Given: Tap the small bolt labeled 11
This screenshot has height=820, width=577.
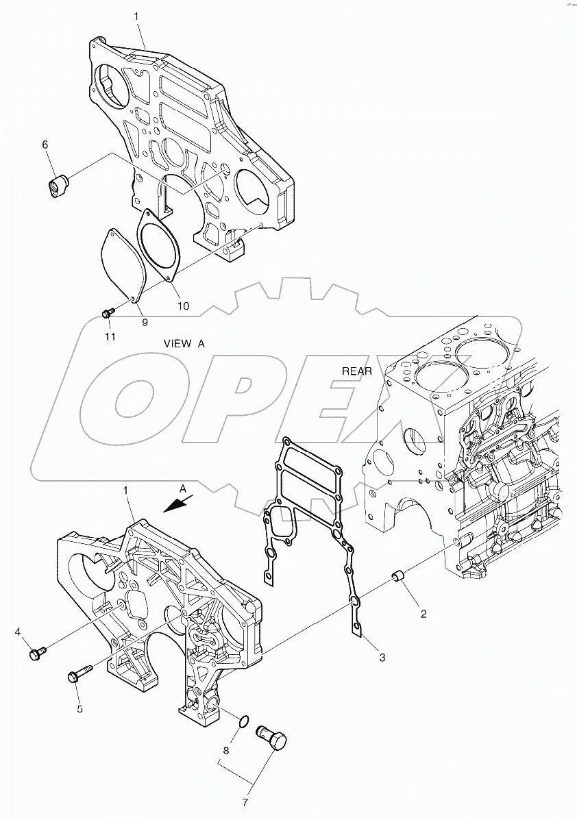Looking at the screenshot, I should pyautogui.click(x=107, y=313).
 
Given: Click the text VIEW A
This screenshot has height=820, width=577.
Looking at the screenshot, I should pyautogui.click(x=184, y=345).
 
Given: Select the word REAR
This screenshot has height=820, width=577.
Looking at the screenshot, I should pyautogui.click(x=357, y=371).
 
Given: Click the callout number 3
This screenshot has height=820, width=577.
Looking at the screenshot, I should pyautogui.click(x=382, y=658).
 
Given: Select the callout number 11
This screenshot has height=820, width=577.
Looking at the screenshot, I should pyautogui.click(x=110, y=336).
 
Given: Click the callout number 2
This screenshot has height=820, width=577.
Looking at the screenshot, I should pyautogui.click(x=423, y=614).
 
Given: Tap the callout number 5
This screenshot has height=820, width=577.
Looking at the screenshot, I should pyautogui.click(x=79, y=709).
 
